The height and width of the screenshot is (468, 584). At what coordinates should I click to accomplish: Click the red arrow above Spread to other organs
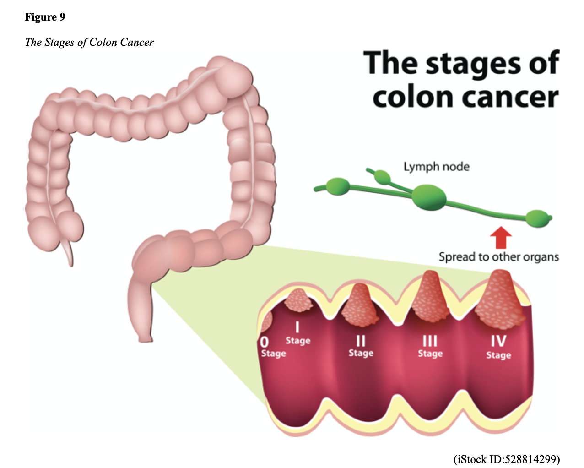[501, 237]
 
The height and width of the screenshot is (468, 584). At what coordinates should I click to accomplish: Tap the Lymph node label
[436, 166]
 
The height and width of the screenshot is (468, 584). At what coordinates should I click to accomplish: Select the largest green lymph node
[428, 197]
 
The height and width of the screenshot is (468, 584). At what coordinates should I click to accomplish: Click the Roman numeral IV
[498, 341]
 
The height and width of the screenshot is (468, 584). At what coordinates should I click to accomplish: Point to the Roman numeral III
[430, 341]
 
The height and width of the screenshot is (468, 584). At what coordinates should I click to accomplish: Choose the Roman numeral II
[361, 341]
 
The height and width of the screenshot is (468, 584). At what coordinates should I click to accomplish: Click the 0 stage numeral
[264, 342]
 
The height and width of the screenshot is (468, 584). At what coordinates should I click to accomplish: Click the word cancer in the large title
[511, 98]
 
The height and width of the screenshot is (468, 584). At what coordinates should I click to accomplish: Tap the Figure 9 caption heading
[45, 17]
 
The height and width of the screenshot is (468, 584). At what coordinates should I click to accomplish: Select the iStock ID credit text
[506, 459]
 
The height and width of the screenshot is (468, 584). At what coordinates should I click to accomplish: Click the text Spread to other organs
[498, 257]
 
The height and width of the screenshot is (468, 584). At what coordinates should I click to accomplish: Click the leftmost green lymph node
[338, 186]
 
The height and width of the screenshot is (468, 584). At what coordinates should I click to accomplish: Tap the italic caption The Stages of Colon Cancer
[89, 43]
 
